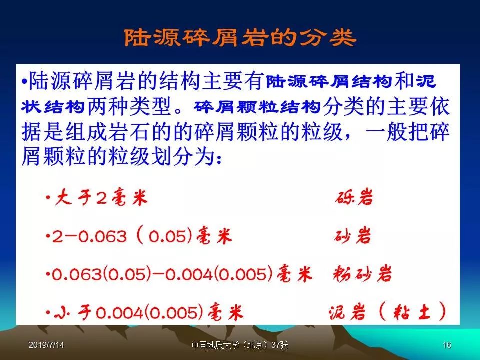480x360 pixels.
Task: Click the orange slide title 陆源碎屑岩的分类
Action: (240, 38)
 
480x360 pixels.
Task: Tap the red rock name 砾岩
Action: (354, 197)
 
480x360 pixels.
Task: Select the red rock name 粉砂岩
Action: (363, 273)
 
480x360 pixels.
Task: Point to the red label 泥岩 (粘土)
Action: (387, 311)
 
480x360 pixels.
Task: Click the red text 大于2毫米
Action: (101, 197)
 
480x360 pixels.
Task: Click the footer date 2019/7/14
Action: (46, 345)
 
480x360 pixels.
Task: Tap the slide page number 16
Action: (447, 345)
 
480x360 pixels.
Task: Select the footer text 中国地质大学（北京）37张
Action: (240, 345)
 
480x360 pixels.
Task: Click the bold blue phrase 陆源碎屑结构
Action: (329, 82)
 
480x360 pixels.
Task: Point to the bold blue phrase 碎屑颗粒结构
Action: (257, 107)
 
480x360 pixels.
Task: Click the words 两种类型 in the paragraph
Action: (129, 107)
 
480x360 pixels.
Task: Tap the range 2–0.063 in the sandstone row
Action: (89, 236)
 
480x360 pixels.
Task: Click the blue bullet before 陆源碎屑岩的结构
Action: (24, 82)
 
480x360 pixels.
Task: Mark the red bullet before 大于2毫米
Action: (48, 197)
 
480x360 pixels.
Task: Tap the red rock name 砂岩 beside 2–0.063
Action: (352, 236)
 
